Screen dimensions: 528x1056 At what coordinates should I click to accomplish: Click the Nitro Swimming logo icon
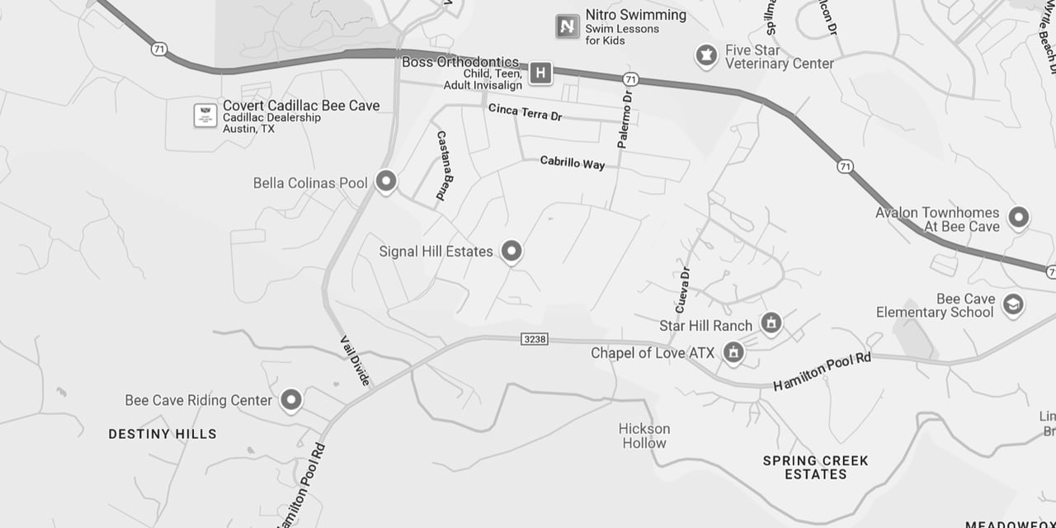point(567,26)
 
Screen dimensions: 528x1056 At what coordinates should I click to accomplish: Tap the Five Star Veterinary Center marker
point(705,56)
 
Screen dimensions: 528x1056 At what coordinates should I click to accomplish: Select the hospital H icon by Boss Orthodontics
point(540,73)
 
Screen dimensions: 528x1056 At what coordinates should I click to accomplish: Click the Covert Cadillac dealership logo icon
point(205,115)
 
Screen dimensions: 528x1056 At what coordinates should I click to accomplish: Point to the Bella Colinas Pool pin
point(385,181)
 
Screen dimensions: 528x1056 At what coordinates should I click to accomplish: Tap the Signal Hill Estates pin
point(511,251)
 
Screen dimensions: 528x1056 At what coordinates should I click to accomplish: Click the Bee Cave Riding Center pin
point(290,400)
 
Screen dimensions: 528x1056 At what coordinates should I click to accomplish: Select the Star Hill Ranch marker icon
point(771,323)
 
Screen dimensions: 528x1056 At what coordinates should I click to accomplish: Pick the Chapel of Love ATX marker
point(732,352)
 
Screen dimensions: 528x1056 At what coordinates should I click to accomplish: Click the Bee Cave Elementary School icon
point(1012,305)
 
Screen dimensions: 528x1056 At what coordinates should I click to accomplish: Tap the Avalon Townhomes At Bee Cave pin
point(1019,218)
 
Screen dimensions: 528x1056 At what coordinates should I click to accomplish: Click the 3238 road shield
point(535,339)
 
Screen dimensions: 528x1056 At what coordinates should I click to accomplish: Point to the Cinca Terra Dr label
point(525,112)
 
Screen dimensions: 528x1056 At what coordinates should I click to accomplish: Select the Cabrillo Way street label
point(572,163)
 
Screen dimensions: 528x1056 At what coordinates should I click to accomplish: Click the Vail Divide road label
point(356,361)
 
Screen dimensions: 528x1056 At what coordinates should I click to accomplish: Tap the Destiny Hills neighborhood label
point(163,434)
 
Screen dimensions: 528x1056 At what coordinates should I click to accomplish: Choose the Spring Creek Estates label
point(815,467)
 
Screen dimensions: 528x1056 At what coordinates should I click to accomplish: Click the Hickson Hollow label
point(644,436)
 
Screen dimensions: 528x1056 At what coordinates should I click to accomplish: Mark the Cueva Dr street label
point(682,290)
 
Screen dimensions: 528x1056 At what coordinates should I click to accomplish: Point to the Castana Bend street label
point(445,165)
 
